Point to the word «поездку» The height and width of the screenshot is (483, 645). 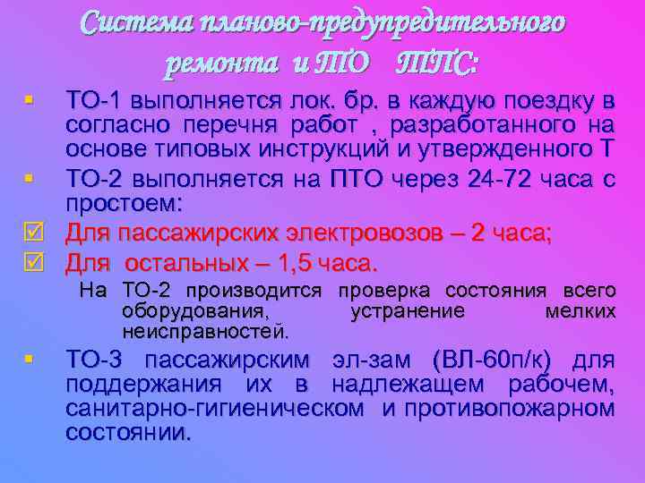(x=555, y=98)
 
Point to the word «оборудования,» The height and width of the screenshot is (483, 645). (x=193, y=311)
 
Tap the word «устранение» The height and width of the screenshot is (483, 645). (x=408, y=311)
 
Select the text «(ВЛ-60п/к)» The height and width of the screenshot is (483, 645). (x=492, y=360)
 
